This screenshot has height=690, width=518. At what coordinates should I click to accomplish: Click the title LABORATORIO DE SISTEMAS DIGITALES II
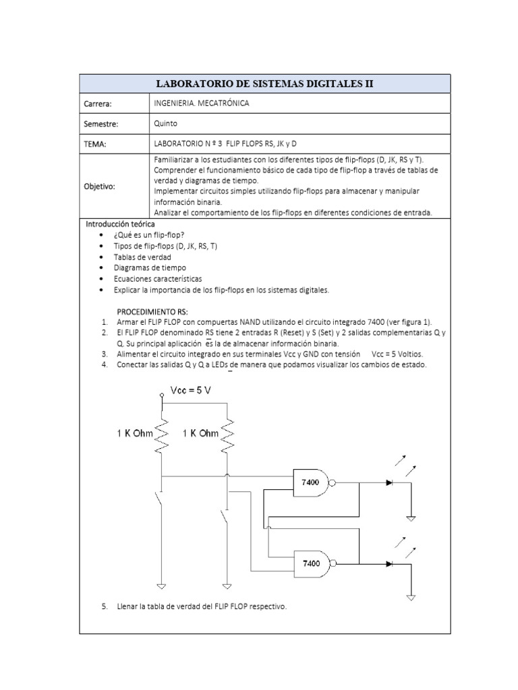click(264, 84)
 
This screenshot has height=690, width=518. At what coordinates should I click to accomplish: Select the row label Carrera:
click(98, 104)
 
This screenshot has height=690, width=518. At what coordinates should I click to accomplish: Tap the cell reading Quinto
click(166, 124)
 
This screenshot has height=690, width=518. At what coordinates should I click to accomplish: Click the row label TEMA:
click(96, 144)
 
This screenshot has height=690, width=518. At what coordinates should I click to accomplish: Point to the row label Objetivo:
click(100, 186)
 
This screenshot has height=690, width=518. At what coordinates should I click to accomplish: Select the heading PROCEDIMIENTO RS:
click(152, 312)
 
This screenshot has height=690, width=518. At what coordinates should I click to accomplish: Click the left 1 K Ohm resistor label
click(134, 433)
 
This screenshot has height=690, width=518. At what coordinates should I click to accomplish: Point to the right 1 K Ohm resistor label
click(200, 433)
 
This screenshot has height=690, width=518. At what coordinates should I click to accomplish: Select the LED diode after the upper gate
click(389, 482)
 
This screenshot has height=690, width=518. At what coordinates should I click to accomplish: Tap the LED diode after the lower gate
click(389, 563)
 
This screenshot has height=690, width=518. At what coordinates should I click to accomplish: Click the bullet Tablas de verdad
click(142, 257)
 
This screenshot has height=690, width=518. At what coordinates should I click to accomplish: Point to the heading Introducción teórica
click(119, 223)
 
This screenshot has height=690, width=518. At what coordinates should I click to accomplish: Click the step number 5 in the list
click(105, 606)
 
